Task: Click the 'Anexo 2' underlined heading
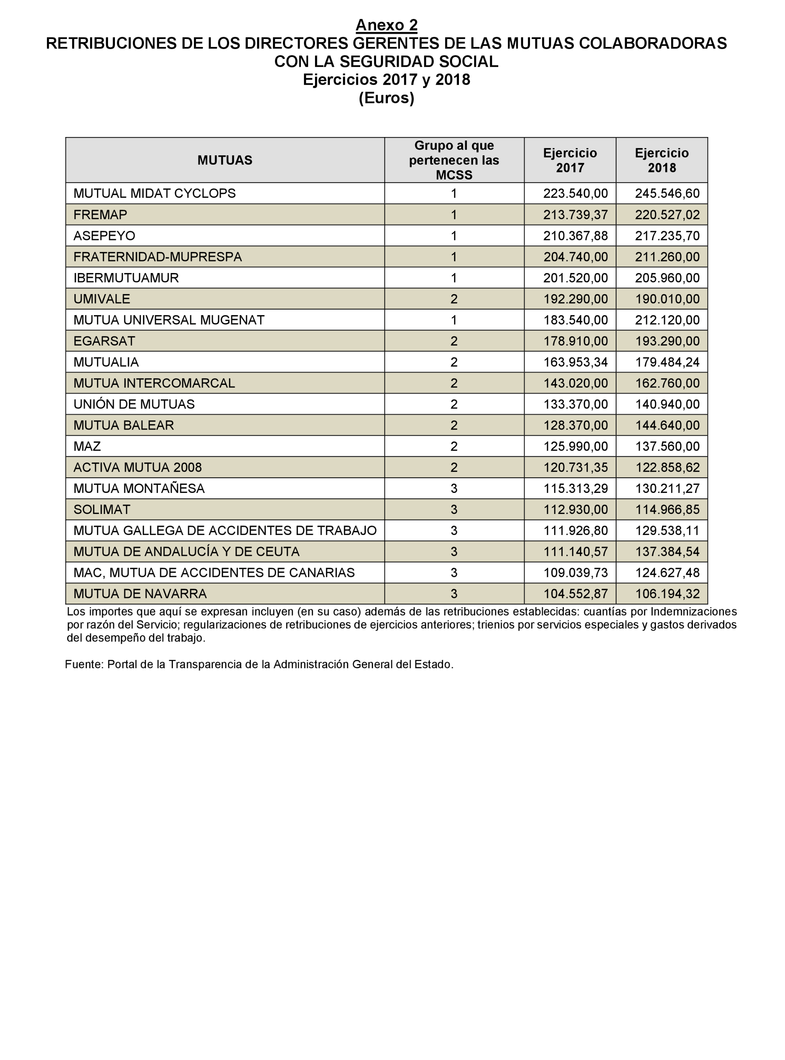(x=386, y=25)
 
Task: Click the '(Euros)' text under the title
(x=386, y=98)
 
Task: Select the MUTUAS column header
(x=225, y=160)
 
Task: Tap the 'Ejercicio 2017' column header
(x=570, y=160)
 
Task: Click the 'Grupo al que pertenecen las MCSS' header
(x=454, y=160)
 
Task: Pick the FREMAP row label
(x=100, y=215)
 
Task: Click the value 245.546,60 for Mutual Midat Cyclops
(x=667, y=193)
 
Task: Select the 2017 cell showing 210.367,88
(x=575, y=236)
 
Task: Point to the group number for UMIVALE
(x=454, y=299)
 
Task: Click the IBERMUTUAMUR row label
(x=126, y=278)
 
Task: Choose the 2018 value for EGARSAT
(x=667, y=341)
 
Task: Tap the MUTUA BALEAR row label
(x=124, y=425)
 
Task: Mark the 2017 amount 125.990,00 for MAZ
(x=575, y=446)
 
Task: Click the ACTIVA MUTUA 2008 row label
(x=137, y=467)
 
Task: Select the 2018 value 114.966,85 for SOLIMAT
(x=667, y=509)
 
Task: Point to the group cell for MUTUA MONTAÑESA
(x=454, y=488)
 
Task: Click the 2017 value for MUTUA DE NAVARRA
(x=575, y=593)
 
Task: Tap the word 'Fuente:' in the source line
(x=84, y=664)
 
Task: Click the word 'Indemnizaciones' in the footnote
(x=693, y=611)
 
